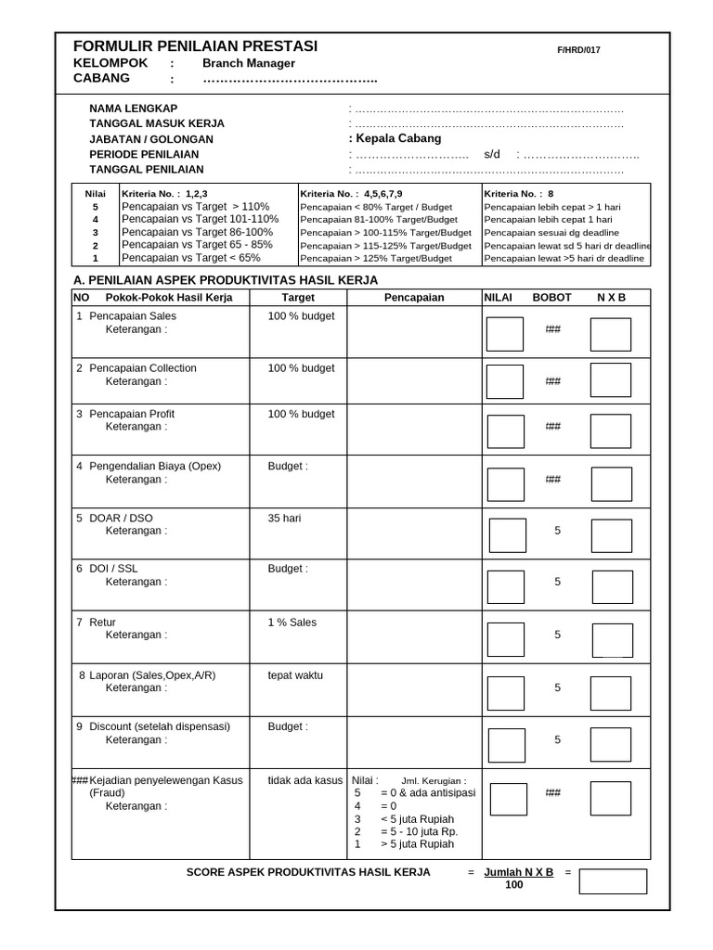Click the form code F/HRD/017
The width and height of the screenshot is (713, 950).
tap(578, 50)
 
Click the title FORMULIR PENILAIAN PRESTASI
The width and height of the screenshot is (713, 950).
tap(195, 46)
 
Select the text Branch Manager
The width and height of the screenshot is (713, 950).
tap(249, 63)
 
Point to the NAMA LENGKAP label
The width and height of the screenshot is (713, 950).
tap(133, 109)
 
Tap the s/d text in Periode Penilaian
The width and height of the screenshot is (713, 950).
tap(492, 154)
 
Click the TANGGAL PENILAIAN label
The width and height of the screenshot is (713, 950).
tap(146, 169)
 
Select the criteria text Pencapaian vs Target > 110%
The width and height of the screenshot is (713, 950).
tap(195, 206)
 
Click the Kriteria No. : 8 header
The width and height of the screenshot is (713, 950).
tap(518, 193)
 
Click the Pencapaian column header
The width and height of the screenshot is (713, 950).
tap(414, 298)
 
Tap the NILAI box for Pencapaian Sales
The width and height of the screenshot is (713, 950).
tap(505, 334)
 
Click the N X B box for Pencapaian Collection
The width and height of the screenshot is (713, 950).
tap(610, 380)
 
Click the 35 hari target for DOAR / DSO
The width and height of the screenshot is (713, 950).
tap(287, 518)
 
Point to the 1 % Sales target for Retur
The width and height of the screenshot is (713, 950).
tap(292, 623)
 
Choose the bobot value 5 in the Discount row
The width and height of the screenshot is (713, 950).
tap(557, 739)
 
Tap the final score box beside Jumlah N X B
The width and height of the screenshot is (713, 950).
tap(612, 880)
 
